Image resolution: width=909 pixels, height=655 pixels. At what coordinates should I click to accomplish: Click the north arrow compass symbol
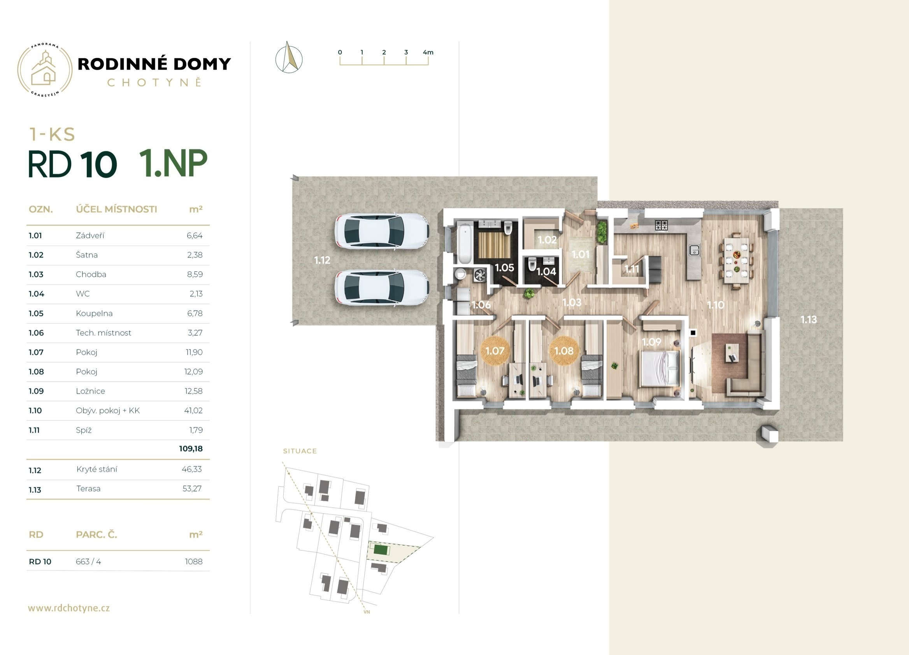click(x=289, y=57)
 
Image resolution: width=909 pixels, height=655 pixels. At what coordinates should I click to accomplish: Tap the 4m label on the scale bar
click(x=428, y=52)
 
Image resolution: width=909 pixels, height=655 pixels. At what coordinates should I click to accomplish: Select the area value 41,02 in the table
click(x=193, y=411)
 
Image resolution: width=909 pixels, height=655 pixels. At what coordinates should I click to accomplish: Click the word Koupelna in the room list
click(x=94, y=313)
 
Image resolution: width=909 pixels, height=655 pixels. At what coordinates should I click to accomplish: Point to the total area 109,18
click(x=191, y=449)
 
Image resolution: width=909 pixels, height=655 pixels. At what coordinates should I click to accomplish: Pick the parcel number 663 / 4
click(x=88, y=562)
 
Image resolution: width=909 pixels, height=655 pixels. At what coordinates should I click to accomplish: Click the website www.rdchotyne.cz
click(x=69, y=608)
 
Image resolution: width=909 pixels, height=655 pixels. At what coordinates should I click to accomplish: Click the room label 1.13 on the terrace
click(x=808, y=320)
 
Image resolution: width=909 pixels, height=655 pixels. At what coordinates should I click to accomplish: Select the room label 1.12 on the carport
click(x=322, y=260)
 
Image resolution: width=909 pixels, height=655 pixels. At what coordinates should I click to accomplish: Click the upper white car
click(x=382, y=231)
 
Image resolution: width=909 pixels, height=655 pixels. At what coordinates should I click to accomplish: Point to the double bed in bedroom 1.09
click(x=660, y=369)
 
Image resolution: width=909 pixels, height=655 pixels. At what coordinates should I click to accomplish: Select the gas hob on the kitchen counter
click(x=661, y=225)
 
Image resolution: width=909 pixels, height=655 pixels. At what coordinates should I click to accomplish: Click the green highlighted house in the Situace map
click(x=379, y=550)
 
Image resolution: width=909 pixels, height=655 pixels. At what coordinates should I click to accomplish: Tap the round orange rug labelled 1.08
click(x=564, y=351)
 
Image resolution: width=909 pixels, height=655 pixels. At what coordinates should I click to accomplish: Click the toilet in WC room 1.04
click(x=532, y=264)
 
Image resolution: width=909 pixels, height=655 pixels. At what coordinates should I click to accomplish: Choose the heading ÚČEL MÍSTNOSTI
click(x=116, y=209)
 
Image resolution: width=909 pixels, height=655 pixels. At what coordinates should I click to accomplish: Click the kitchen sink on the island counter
click(x=694, y=250)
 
